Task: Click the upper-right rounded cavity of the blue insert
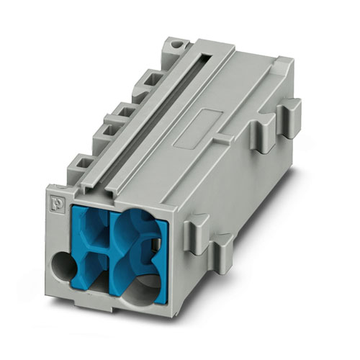[137, 230]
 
